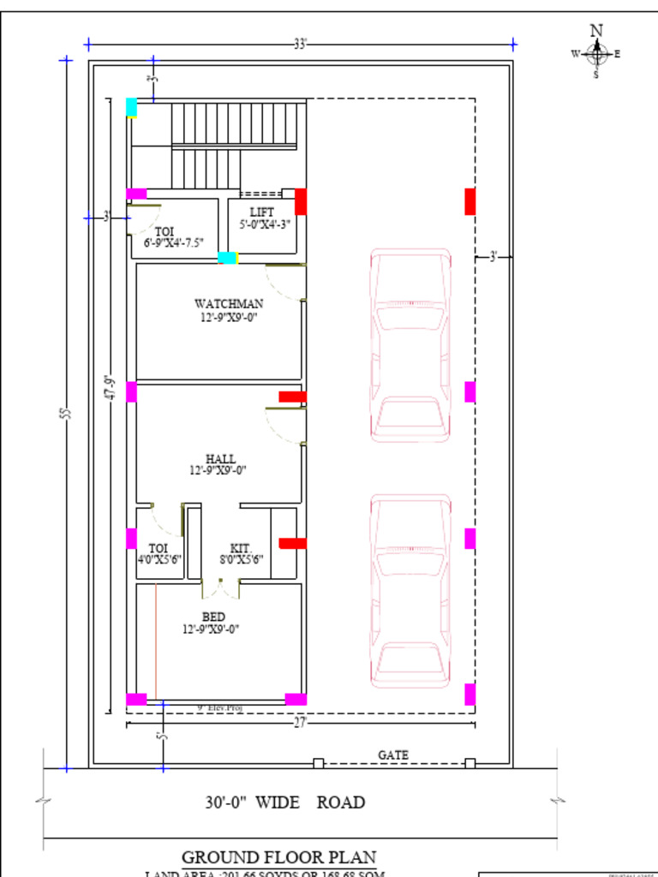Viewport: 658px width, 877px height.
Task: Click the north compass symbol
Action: click(x=596, y=53)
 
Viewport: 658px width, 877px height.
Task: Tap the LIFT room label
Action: click(x=262, y=212)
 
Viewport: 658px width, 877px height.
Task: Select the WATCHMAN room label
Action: click(x=229, y=303)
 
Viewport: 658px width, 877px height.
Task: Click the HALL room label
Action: click(x=220, y=459)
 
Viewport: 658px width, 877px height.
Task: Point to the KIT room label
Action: click(x=239, y=548)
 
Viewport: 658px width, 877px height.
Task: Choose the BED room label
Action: click(x=213, y=617)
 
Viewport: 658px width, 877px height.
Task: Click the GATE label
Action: click(x=393, y=755)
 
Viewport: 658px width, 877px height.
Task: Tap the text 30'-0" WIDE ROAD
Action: click(x=284, y=802)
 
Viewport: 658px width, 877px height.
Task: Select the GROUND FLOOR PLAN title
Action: click(x=278, y=857)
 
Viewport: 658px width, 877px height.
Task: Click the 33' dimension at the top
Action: click(x=300, y=44)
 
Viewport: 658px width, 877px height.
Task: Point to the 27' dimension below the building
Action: click(x=300, y=723)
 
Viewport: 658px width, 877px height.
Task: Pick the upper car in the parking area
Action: click(x=410, y=345)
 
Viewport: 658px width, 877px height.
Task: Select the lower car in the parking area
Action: click(x=410, y=591)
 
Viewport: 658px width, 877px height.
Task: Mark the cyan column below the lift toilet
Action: click(x=227, y=258)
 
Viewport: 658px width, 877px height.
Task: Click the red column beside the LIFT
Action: click(x=301, y=201)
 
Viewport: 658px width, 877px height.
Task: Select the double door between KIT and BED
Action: click(x=220, y=589)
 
